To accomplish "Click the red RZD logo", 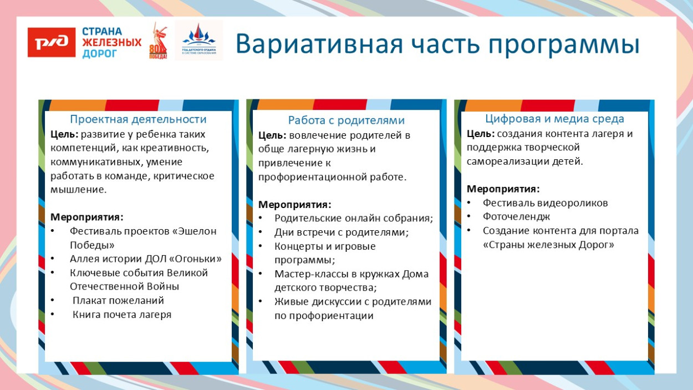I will click(x=52, y=42).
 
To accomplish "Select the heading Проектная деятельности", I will click(x=138, y=119).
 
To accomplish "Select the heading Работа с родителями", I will click(x=346, y=120).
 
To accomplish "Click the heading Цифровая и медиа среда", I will click(x=554, y=119).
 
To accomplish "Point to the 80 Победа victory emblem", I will click(x=158, y=42).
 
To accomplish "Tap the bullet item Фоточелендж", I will click(x=516, y=217).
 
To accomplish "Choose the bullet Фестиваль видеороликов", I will click(x=545, y=203).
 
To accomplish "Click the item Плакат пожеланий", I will click(x=118, y=301).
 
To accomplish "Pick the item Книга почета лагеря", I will click(x=122, y=315).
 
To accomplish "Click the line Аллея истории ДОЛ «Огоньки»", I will click(x=145, y=259).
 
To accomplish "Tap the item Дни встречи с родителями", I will click(x=341, y=232).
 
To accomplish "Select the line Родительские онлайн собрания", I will click(x=353, y=219).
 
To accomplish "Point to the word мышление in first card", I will click(x=78, y=190).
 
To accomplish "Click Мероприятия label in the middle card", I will click(x=294, y=205).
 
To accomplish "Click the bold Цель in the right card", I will click(x=480, y=134).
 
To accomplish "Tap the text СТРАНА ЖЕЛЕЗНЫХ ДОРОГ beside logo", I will click(x=111, y=43).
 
